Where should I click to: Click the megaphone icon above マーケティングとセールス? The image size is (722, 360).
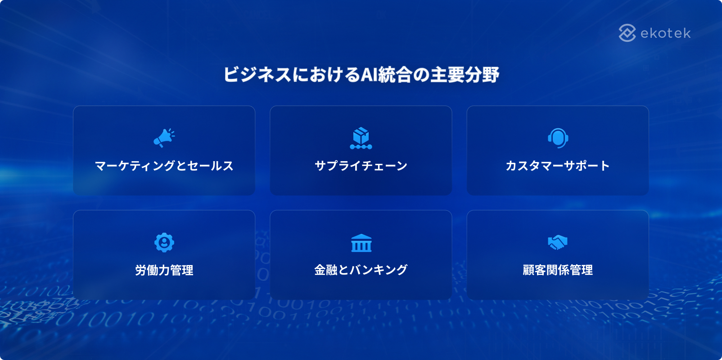pos(164,138)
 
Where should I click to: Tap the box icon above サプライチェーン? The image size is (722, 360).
pos(361,138)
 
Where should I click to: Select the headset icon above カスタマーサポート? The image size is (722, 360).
pos(558,138)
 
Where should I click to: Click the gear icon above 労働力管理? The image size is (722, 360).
pos(164,243)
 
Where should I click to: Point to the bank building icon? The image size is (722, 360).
pos(361,243)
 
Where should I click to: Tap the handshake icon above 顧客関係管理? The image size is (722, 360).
pos(558,243)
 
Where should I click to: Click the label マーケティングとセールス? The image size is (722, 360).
pos(164,166)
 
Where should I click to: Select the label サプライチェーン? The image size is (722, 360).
pos(361,166)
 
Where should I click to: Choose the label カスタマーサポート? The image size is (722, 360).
pos(558,166)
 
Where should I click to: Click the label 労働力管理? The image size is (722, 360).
pos(164,270)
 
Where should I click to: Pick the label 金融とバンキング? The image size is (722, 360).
pos(361,270)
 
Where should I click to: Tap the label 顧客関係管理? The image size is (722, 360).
pos(558,270)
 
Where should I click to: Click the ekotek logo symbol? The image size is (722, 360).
pos(627,33)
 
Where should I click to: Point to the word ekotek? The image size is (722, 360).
pos(665,33)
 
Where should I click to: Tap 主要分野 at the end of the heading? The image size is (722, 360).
pos(465,75)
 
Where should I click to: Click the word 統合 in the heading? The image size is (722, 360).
pos(395,75)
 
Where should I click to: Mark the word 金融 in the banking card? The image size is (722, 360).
pos(326,270)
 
